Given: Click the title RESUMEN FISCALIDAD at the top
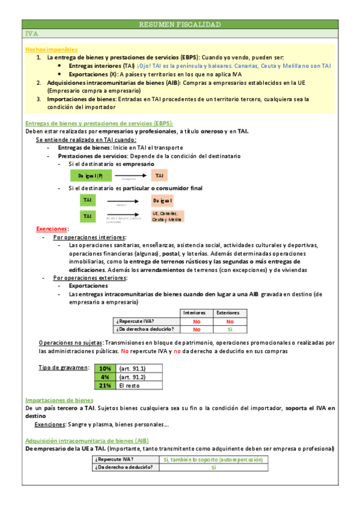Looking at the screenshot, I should tap(180, 25).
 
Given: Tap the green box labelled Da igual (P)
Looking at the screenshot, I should tap(91, 176).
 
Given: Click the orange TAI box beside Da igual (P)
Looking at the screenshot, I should tap(159, 176).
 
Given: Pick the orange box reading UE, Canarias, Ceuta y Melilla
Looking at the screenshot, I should tap(166, 217).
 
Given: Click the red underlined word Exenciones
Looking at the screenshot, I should tap(52, 229).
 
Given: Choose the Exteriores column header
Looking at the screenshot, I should tap(228, 313).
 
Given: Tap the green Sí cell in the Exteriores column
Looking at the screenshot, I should tap(228, 329).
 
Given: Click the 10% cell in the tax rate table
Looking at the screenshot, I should tap(105, 368).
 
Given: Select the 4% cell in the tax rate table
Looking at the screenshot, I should tap(105, 376).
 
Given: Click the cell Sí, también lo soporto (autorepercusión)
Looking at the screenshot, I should tap(213, 459).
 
